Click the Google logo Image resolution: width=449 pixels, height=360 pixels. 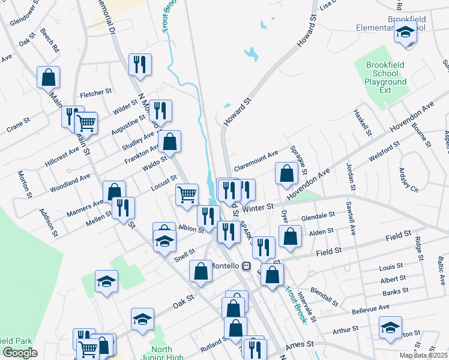pos(19,353)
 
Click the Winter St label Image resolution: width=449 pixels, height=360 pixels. pos(259,206)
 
